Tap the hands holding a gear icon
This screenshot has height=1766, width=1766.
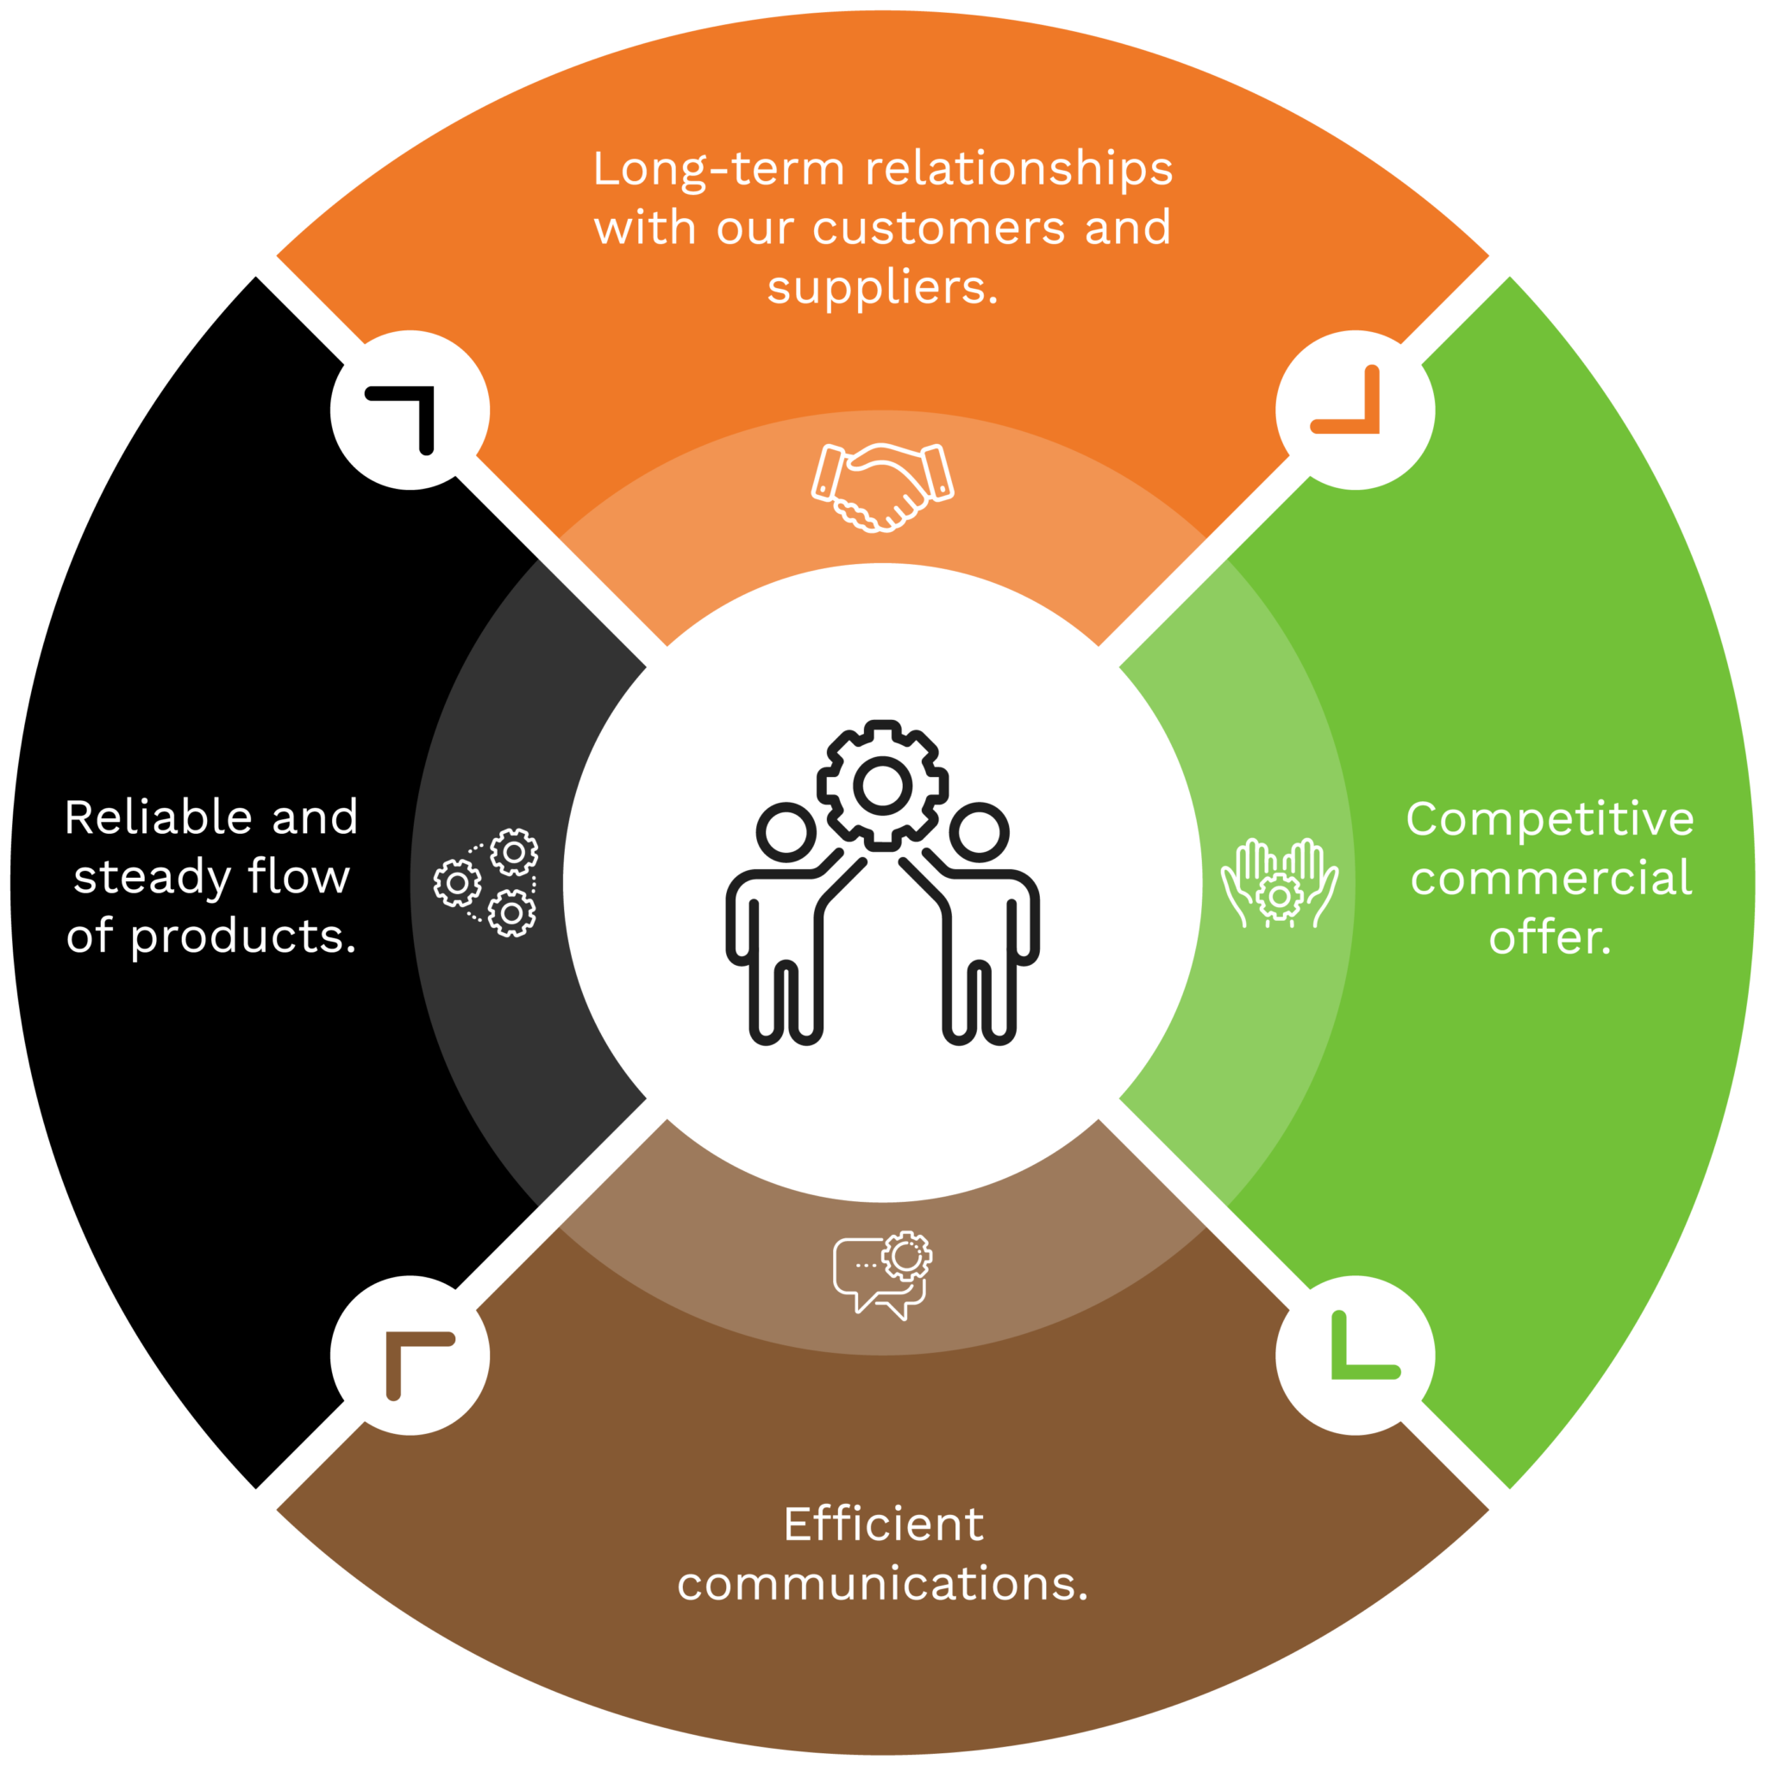[x=1280, y=883]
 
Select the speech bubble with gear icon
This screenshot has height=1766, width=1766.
[x=882, y=1275]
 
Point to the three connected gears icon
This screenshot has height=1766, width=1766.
[x=486, y=883]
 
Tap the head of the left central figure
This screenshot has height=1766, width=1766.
[x=786, y=832]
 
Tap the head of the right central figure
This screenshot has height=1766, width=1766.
[x=979, y=832]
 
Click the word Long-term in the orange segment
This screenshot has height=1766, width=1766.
[x=718, y=169]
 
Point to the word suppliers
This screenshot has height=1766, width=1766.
[x=882, y=287]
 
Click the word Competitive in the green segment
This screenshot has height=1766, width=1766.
[x=1550, y=818]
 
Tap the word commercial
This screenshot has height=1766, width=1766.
[x=1551, y=878]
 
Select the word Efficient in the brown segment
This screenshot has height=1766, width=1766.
[x=883, y=1524]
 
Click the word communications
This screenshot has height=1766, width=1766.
[x=882, y=1583]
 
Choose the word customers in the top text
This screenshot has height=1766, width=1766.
[x=939, y=228]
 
